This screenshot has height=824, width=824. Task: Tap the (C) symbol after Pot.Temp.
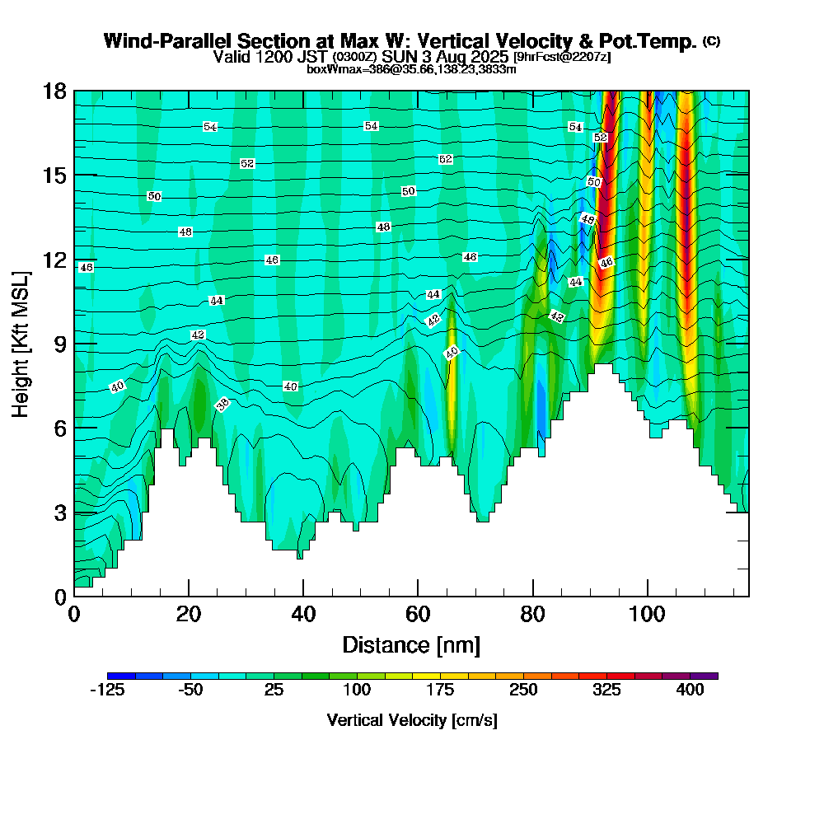tap(712, 41)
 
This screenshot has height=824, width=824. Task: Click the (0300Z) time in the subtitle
tap(354, 57)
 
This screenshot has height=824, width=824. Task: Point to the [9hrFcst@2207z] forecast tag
tap(562, 57)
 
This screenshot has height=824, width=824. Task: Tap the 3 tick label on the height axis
tap(60, 513)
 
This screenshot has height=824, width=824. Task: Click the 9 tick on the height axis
tap(60, 344)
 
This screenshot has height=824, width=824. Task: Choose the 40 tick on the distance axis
tap(303, 615)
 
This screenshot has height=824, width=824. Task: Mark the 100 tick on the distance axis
tap(648, 615)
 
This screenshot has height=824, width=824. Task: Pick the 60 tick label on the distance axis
tap(418, 615)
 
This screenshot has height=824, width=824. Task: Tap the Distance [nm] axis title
tap(411, 644)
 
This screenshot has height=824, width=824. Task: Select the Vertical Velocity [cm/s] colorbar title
tap(412, 720)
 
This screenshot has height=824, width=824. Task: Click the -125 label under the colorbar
tap(106, 691)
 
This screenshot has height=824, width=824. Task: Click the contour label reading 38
tap(222, 404)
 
